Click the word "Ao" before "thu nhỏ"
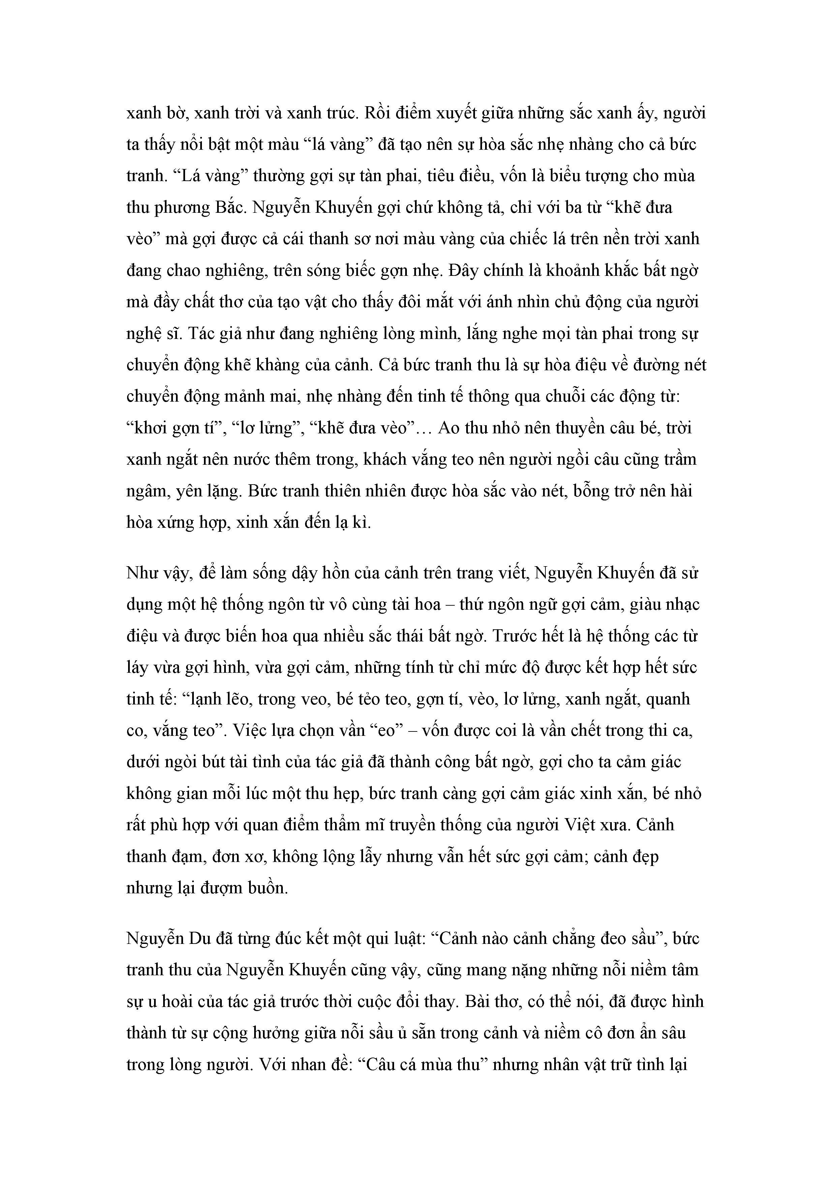[x=447, y=428]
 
